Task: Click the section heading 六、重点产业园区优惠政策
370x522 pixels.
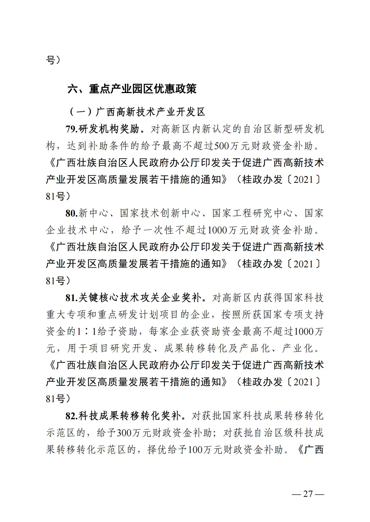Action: pyautogui.click(x=132, y=89)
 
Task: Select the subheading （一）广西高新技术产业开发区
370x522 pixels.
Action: pyautogui.click(x=137, y=112)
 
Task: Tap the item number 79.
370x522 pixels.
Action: pyautogui.click(x=72, y=129)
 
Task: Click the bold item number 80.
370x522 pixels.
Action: pyautogui.click(x=72, y=213)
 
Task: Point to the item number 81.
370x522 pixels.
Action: pyautogui.click(x=72, y=298)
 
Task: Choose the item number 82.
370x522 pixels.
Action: pyautogui.click(x=72, y=416)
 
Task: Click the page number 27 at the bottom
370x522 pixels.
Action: pyautogui.click(x=308, y=494)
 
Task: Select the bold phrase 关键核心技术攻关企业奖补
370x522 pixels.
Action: pyautogui.click(x=141, y=298)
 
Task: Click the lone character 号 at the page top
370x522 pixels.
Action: pyautogui.click(x=50, y=60)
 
